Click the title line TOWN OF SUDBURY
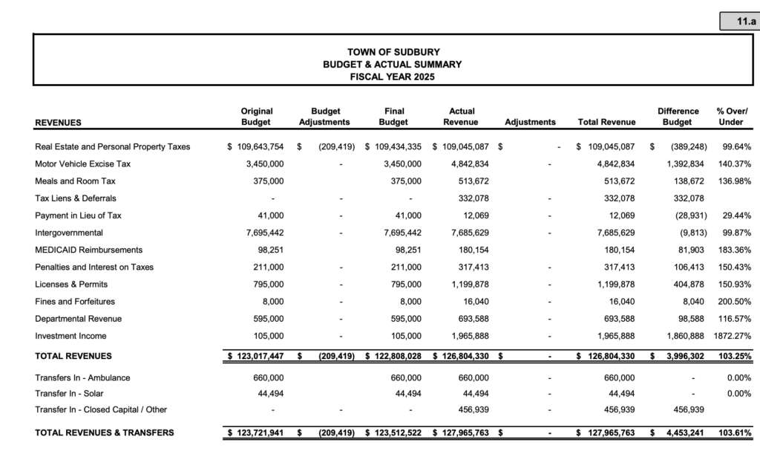393,52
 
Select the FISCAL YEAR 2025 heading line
393,77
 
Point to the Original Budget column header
257,117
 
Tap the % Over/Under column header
732,117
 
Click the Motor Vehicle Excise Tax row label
82,163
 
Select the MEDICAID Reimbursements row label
88,250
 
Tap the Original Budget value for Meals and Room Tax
267,181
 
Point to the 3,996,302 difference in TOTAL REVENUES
679,357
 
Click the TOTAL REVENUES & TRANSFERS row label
105,432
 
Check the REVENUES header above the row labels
58,123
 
